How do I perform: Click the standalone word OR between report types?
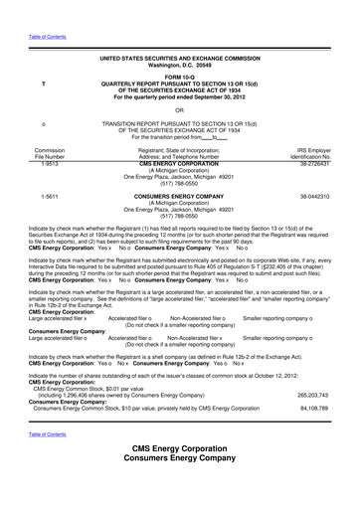point(179,110)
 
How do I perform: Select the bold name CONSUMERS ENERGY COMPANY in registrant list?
point(179,197)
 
